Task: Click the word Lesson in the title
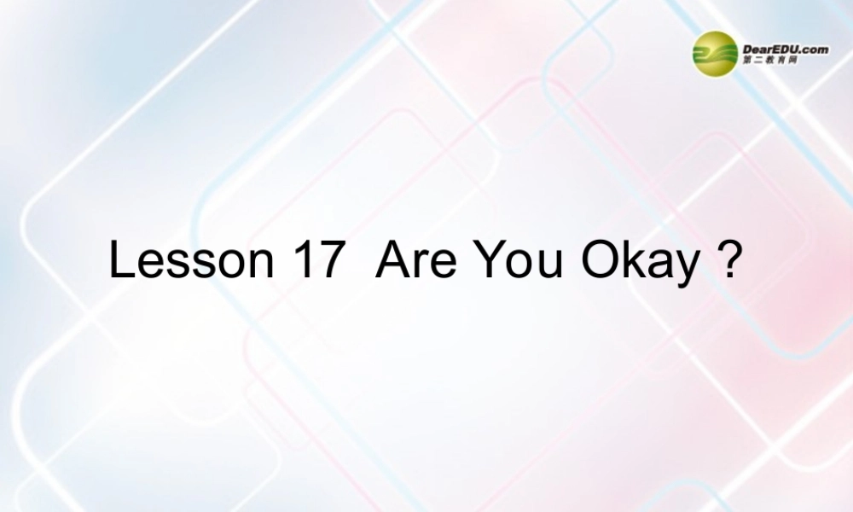click(x=189, y=260)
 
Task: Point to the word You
click(x=517, y=260)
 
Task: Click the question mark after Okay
click(x=728, y=260)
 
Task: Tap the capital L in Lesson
click(x=120, y=260)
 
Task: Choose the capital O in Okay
click(x=599, y=260)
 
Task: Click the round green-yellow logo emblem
click(x=715, y=53)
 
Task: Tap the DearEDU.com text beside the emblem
click(x=786, y=49)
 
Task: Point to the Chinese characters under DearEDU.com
click(x=770, y=62)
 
